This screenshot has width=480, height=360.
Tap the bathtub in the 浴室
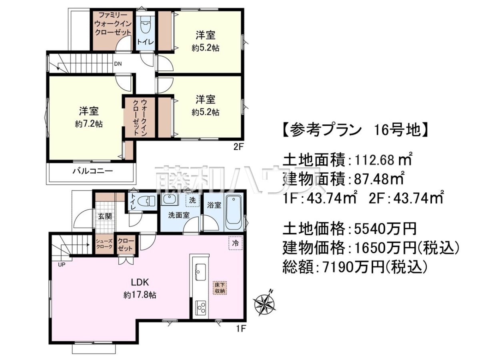pyautogui.click(x=234, y=212)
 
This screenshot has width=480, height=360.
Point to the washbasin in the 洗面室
pyautogui.click(x=170, y=199)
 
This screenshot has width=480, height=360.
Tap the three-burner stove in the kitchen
pyautogui.click(x=200, y=308)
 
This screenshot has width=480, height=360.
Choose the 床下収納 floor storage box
pyautogui.click(x=220, y=288)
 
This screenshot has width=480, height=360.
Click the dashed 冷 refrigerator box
pyautogui.click(x=235, y=243)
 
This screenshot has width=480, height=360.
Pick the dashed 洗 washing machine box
pyautogui.click(x=192, y=200)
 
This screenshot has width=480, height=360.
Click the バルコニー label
pyautogui.click(x=93, y=171)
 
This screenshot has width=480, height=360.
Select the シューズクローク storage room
pyautogui.click(x=104, y=244)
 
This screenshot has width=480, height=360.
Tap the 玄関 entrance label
pyautogui.click(x=105, y=216)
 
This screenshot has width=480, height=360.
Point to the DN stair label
pyautogui.click(x=118, y=64)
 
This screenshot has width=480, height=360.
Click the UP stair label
pyautogui.click(x=62, y=265)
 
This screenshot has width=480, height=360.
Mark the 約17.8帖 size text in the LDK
pyautogui.click(x=140, y=295)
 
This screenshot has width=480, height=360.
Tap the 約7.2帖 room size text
pyautogui.click(x=89, y=124)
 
